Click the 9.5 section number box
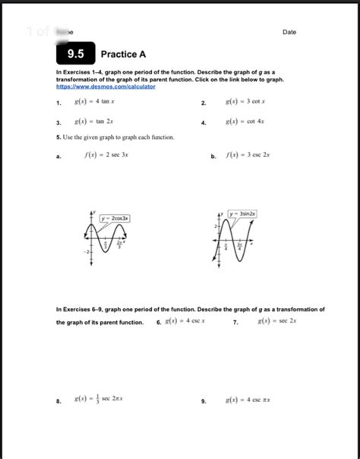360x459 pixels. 75,54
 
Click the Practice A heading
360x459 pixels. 123,55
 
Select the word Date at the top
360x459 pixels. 289,32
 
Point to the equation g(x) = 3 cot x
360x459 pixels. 244,101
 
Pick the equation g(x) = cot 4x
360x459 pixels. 245,121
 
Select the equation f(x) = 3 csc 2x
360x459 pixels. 248,156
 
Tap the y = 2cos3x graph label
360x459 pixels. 115,218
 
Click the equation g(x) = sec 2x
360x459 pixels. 272,322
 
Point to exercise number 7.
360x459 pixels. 235,322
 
